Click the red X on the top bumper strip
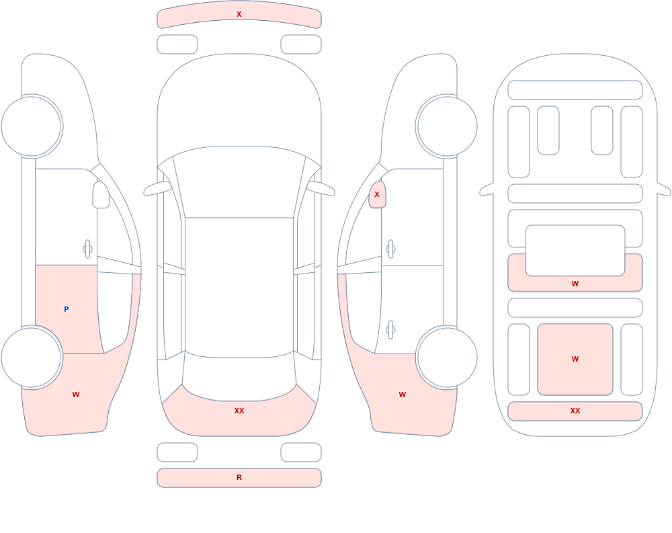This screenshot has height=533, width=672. coord(239,14)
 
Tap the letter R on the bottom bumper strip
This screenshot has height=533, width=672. coord(239,477)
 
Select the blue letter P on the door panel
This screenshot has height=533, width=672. coord(66,309)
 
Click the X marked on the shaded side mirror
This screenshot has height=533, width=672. coord(377,194)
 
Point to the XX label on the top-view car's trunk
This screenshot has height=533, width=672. coord(239,411)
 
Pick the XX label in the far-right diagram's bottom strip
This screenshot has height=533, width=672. coord(575,411)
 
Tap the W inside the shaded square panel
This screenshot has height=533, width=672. coord(575,359)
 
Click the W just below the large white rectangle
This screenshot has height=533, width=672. coord(575,284)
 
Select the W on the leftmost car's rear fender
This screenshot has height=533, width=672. coord(76,395)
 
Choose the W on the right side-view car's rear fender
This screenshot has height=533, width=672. coord(403,395)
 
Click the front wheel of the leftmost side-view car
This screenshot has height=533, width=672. coord(32,126)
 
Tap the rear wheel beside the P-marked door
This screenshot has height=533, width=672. coord(32,357)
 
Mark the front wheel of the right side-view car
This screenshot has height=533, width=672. coord(447,126)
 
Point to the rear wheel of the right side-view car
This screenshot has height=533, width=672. coord(447,357)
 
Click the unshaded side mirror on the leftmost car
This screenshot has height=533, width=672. coord(101,195)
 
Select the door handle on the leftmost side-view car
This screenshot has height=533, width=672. coord(88,249)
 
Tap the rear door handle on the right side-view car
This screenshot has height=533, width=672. coord(390,330)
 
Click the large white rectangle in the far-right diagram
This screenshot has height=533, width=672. coord(575,251)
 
